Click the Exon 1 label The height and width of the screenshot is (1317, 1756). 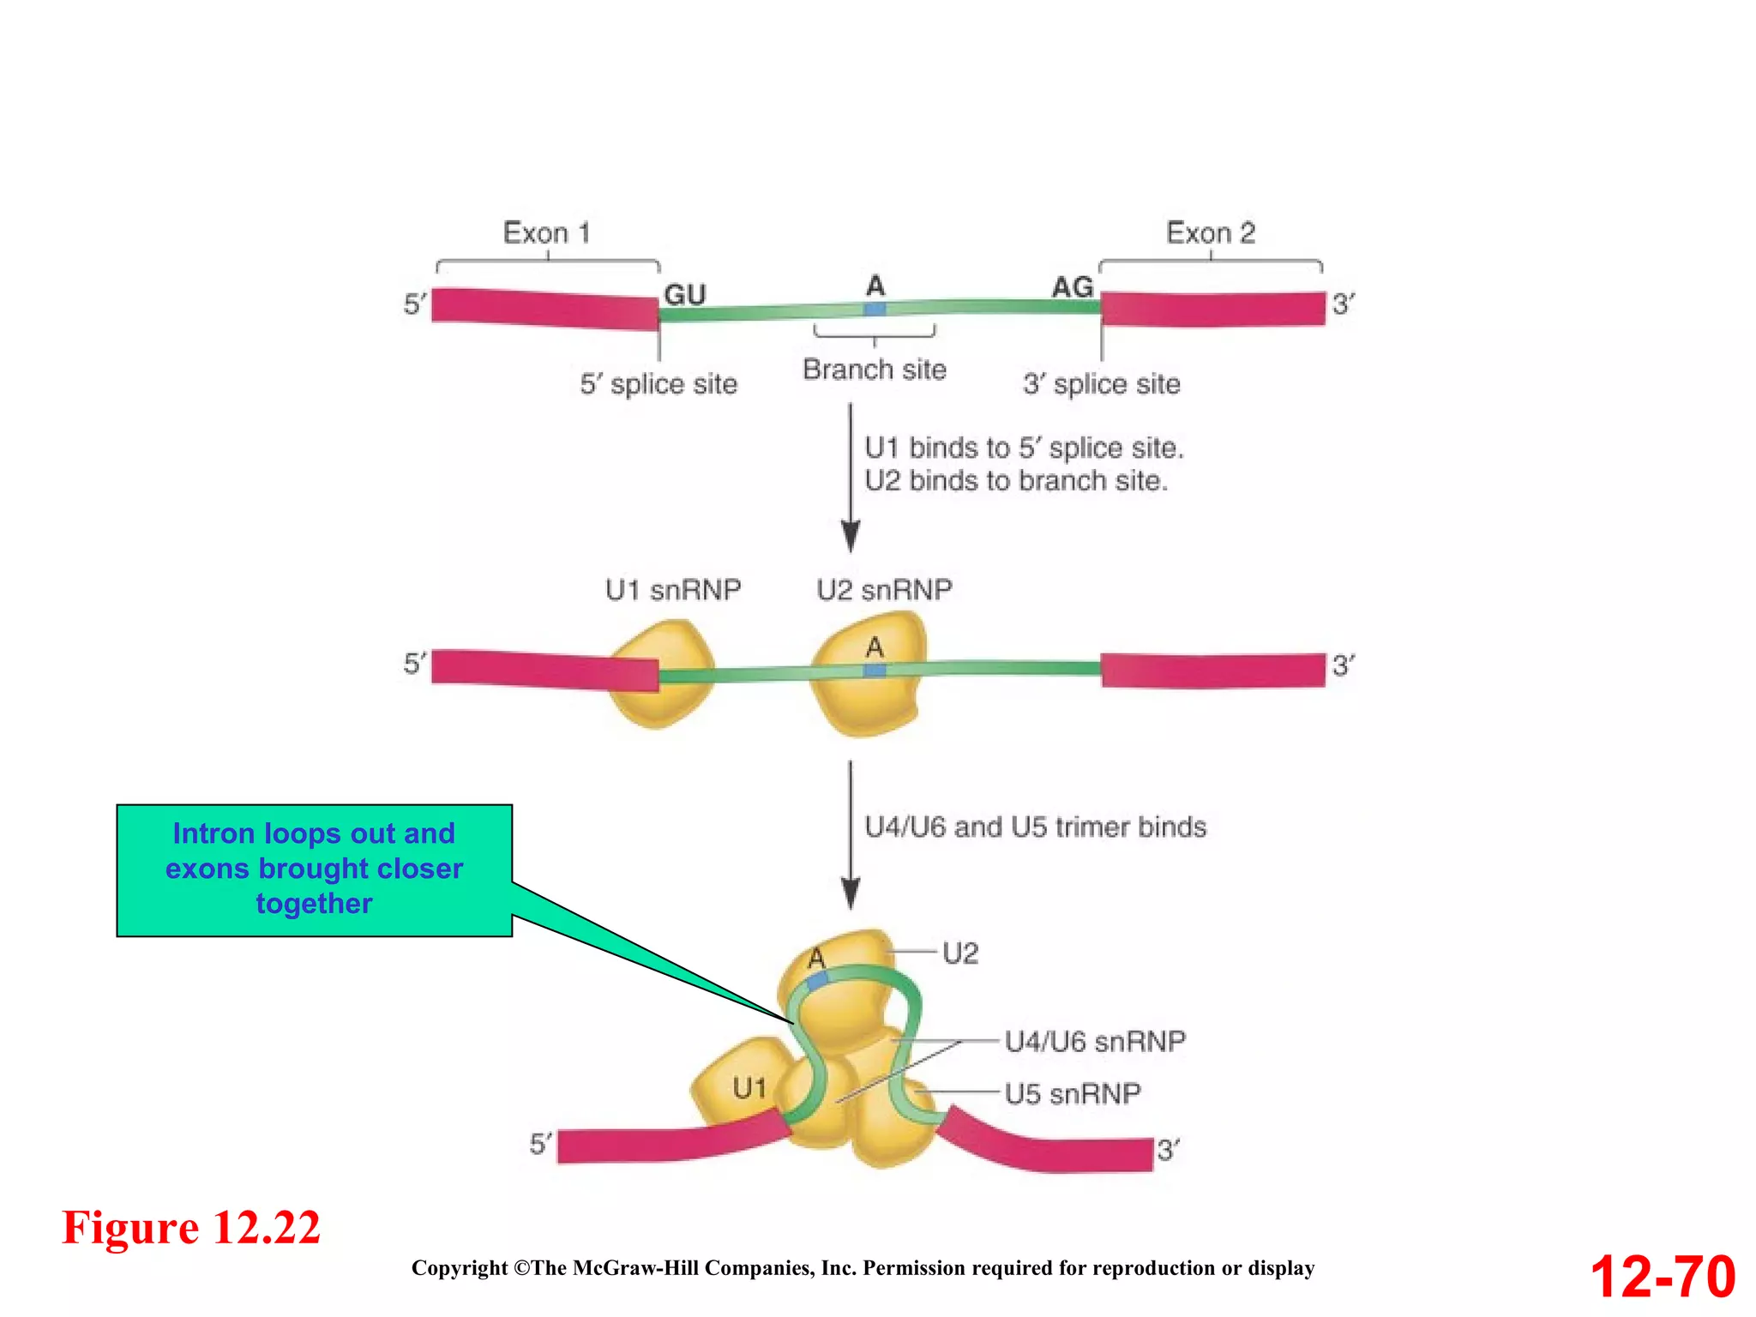click(x=546, y=232)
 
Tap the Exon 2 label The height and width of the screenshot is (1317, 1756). click(x=1210, y=232)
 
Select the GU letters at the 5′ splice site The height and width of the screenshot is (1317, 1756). click(x=684, y=294)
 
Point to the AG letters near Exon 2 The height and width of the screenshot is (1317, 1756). click(x=1073, y=287)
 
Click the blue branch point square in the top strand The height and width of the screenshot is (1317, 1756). click(x=875, y=309)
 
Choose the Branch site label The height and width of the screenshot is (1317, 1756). click(x=875, y=370)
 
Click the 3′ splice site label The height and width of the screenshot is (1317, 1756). click(x=1101, y=384)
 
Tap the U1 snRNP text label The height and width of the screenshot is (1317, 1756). click(x=673, y=590)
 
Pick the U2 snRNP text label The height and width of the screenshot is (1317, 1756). click(x=884, y=590)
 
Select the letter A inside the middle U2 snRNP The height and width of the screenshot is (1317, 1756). click(x=874, y=647)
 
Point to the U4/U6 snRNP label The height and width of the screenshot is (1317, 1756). click(x=1095, y=1042)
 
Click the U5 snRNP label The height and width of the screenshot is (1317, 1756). click(x=1072, y=1094)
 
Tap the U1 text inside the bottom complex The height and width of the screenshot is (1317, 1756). click(x=749, y=1088)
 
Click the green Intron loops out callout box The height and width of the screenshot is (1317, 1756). click(x=314, y=869)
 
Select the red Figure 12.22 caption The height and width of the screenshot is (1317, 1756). click(x=191, y=1227)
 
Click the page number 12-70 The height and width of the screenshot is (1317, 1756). click(x=1663, y=1277)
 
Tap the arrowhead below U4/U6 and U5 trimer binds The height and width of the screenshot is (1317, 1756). click(x=851, y=893)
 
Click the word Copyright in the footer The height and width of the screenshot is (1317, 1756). click(x=460, y=1268)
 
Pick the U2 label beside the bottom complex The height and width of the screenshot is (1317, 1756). click(x=960, y=953)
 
